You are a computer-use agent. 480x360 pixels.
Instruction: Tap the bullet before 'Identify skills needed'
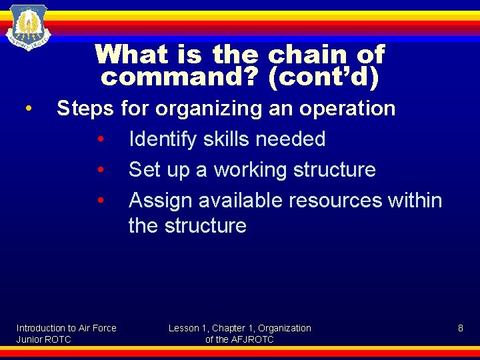[x=99, y=139]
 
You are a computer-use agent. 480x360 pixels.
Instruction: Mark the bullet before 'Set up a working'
[x=99, y=170]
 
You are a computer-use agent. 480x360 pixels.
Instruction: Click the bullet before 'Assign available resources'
[x=99, y=201]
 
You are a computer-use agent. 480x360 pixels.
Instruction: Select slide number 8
[x=460, y=328]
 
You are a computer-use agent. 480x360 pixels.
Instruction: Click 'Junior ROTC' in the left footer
[x=43, y=339]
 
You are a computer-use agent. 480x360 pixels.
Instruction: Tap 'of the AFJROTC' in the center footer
[x=239, y=339]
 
